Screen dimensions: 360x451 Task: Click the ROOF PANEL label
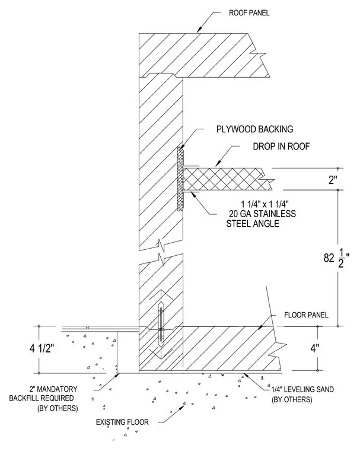(x=249, y=13)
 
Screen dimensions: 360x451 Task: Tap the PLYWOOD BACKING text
(x=255, y=129)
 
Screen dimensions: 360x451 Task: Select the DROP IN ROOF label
(x=281, y=147)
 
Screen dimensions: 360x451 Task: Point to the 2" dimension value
(x=333, y=180)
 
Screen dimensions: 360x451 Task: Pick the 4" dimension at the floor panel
(x=314, y=348)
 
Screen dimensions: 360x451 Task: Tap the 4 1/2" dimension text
(x=42, y=348)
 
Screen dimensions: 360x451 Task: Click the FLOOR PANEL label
(x=306, y=315)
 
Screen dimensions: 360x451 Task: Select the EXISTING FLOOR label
(x=122, y=423)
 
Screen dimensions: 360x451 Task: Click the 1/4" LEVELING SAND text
(x=302, y=389)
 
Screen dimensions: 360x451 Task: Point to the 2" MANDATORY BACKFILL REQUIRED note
(x=43, y=398)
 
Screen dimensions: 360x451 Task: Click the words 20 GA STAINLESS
(x=262, y=214)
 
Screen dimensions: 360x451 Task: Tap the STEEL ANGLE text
(x=253, y=224)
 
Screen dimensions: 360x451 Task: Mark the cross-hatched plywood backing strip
(x=180, y=179)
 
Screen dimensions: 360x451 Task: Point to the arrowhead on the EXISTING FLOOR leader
(x=183, y=404)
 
